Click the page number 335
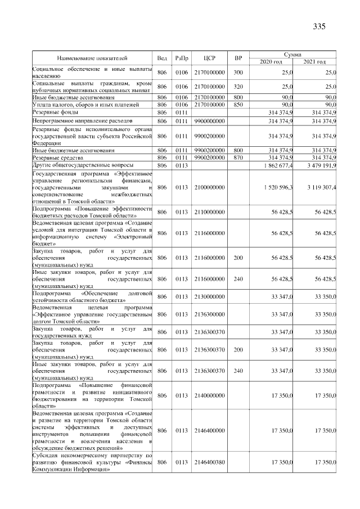point(319,26)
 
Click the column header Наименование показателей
point(92,58)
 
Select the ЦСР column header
point(210,58)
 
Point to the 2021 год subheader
point(314,61)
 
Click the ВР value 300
point(238,73)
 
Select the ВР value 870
point(238,158)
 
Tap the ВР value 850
point(238,105)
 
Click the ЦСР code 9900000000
point(210,121)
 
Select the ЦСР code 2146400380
point(210,462)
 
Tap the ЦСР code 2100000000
point(210,187)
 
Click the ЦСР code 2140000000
point(210,395)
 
